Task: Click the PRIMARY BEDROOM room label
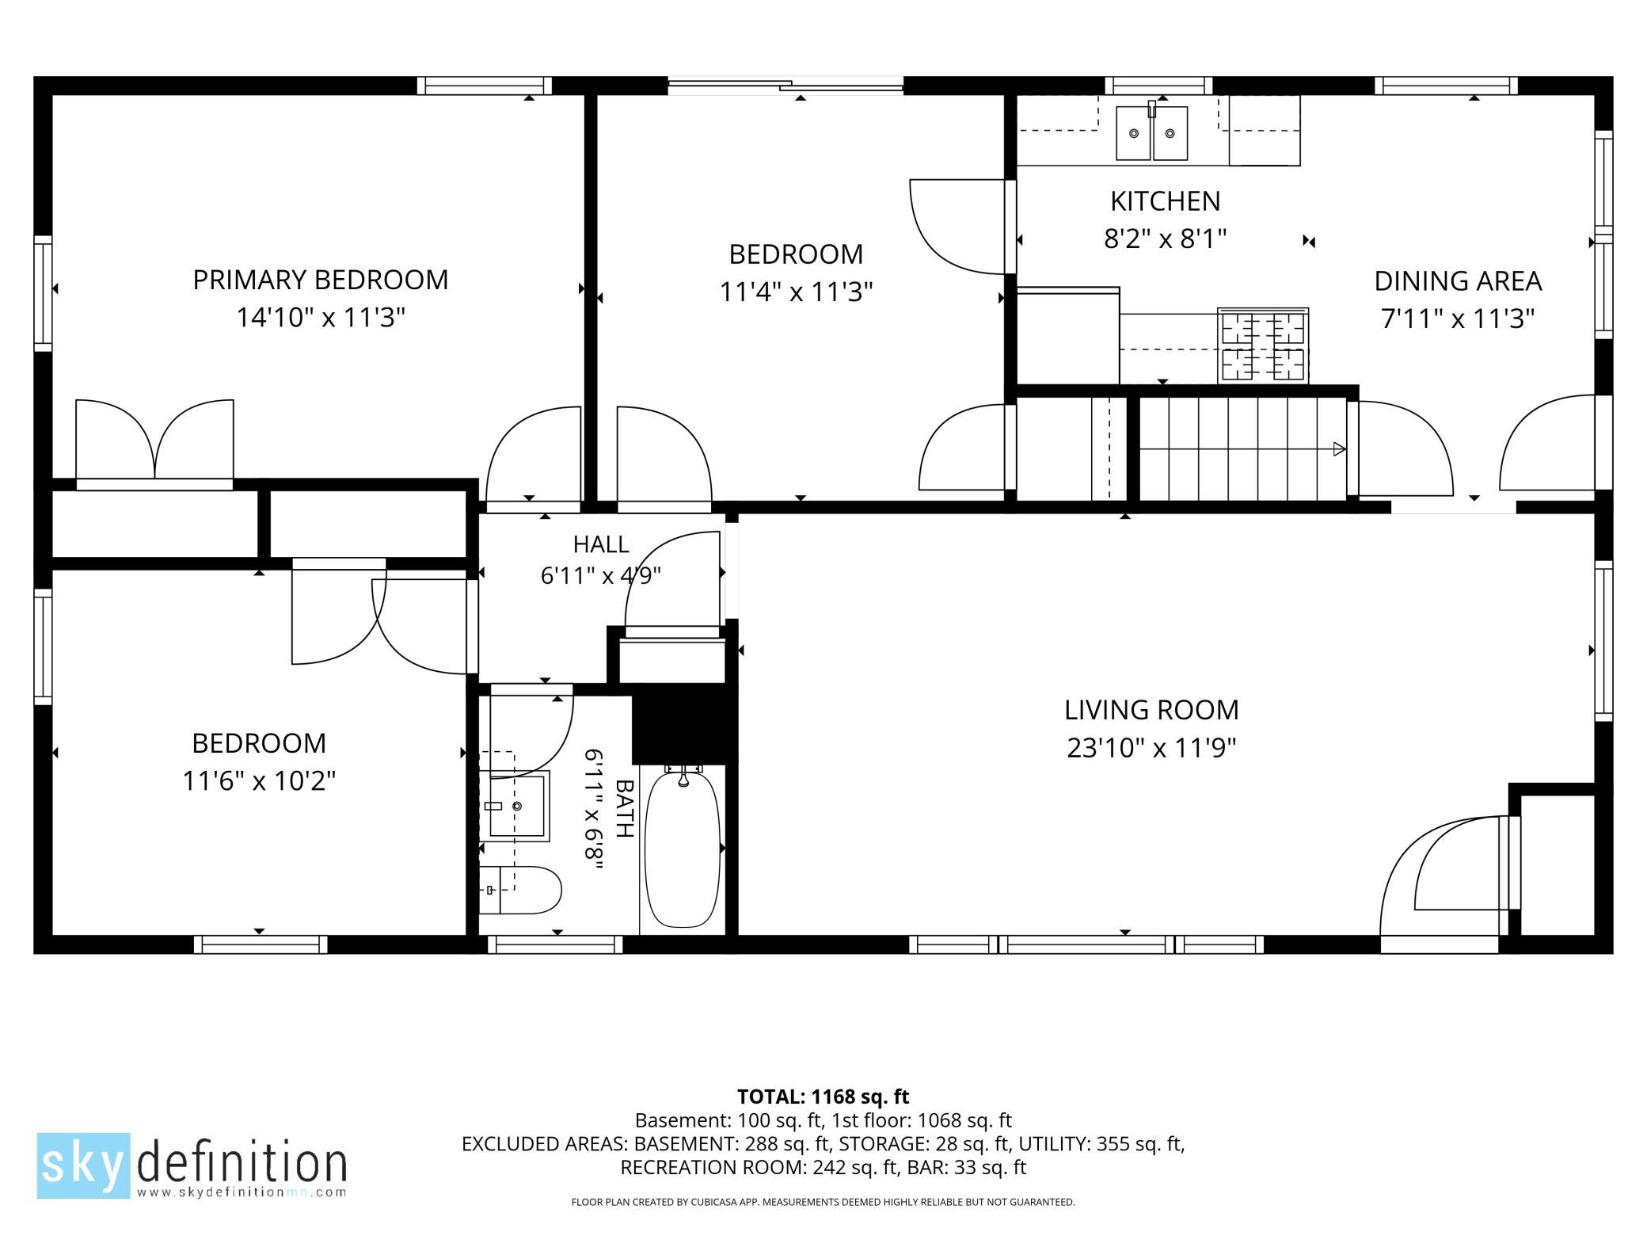click(321, 280)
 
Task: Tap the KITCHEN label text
click(1166, 201)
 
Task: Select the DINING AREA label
click(1458, 281)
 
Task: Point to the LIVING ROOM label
click(1151, 710)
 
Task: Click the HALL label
click(601, 544)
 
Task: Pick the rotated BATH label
click(625, 808)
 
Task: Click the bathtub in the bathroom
click(683, 847)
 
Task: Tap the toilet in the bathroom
click(520, 890)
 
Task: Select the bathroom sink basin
click(519, 806)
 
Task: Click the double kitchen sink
click(1152, 133)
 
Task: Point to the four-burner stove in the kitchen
click(1263, 345)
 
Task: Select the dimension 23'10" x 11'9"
click(1151, 748)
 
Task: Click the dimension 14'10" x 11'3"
click(321, 318)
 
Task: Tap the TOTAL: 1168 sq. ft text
click(823, 1097)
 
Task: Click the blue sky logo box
click(83, 1165)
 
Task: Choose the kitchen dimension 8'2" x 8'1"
click(1166, 238)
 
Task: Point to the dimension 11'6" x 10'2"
click(259, 781)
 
